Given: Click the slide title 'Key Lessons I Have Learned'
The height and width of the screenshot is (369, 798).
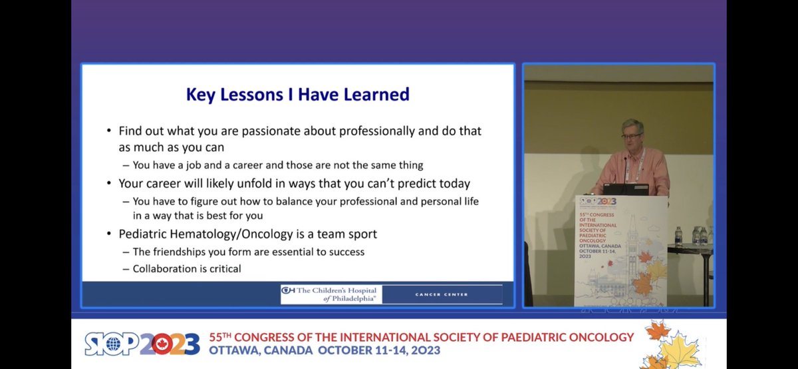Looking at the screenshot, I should point(297,95).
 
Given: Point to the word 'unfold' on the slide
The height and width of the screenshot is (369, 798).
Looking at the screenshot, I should point(259,183).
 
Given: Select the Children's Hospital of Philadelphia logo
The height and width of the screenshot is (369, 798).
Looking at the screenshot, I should point(329,294).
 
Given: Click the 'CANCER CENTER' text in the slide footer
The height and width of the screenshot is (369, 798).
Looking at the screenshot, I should point(441,294).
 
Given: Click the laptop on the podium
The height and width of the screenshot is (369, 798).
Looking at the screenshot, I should point(625,189).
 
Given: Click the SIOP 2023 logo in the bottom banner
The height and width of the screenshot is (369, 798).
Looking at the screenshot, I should point(142,342).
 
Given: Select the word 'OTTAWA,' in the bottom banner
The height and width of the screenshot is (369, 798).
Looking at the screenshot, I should point(235,350).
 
